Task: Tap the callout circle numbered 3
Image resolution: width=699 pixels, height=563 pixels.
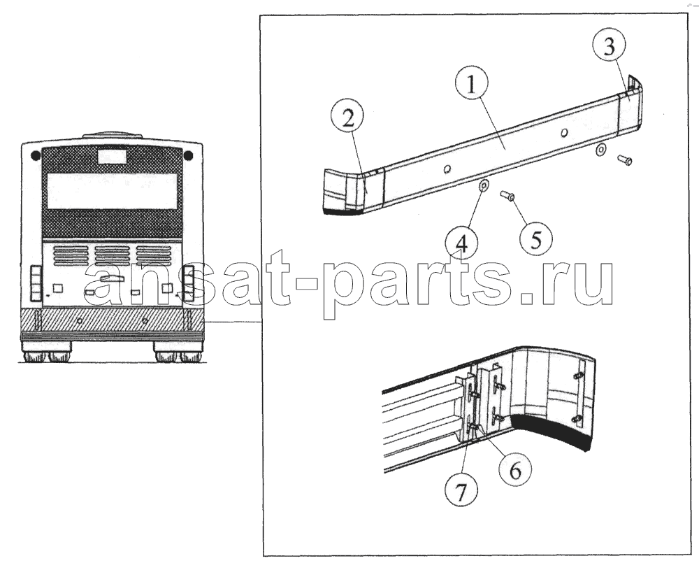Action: point(609,46)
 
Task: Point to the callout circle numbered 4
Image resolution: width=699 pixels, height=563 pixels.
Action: point(462,244)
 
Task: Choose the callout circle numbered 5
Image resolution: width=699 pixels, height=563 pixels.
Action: point(536,240)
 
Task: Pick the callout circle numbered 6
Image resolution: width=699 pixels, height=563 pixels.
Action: point(515,470)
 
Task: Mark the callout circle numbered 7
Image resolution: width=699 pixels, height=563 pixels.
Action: point(461,492)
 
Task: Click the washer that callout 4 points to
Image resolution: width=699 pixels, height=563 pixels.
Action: point(483,185)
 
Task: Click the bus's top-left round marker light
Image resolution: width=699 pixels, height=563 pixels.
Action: point(36,155)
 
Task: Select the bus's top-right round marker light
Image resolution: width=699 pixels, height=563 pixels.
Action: point(188,155)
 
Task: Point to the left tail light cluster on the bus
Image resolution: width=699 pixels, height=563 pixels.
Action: point(36,283)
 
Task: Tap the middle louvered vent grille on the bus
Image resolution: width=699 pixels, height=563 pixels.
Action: point(113,256)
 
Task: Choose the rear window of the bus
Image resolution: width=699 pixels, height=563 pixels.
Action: point(113,191)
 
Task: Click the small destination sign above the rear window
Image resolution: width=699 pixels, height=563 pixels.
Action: point(112,156)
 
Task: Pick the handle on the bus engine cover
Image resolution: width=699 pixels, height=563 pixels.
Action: point(112,278)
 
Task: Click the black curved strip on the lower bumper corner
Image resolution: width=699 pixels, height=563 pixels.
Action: point(552,431)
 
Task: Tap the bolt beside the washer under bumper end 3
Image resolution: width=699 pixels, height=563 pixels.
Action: point(624,159)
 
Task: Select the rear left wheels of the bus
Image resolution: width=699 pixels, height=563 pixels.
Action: point(48,357)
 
